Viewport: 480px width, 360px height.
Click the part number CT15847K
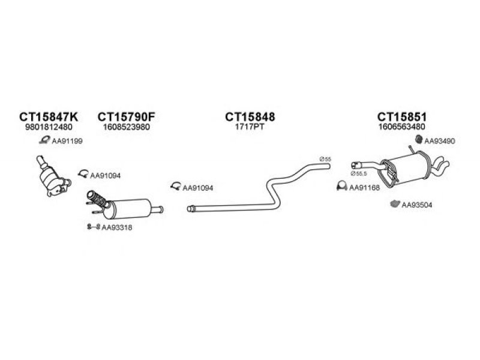pyautogui.click(x=49, y=117)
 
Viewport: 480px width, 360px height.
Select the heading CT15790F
pyautogui.click(x=127, y=117)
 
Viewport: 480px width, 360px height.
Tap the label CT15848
pyautogui.click(x=250, y=117)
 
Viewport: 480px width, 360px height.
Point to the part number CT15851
pyautogui.click(x=401, y=117)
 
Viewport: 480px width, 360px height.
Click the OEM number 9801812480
pyautogui.click(x=49, y=127)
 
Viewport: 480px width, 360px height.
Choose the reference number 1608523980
pyautogui.click(x=127, y=127)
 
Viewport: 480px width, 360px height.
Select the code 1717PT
pyautogui.click(x=250, y=127)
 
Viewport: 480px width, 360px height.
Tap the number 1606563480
pyautogui.click(x=401, y=127)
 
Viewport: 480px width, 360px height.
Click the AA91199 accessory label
pyautogui.click(x=67, y=141)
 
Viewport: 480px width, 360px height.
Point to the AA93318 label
pyautogui.click(x=117, y=228)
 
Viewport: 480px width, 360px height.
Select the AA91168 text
pyautogui.click(x=364, y=188)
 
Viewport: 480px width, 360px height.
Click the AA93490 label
pyautogui.click(x=440, y=141)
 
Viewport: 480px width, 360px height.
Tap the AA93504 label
pyautogui.click(x=416, y=205)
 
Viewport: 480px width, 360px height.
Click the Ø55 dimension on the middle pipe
pyautogui.click(x=325, y=159)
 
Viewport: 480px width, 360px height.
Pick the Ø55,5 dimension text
pyautogui.click(x=359, y=173)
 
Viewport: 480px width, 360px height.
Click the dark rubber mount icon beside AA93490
pyautogui.click(x=419, y=139)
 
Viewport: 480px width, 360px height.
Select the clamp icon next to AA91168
pyautogui.click(x=341, y=186)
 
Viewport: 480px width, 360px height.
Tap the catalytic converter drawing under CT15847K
pyautogui.click(x=52, y=178)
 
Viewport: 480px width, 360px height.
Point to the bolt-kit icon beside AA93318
pyautogui.click(x=94, y=227)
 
